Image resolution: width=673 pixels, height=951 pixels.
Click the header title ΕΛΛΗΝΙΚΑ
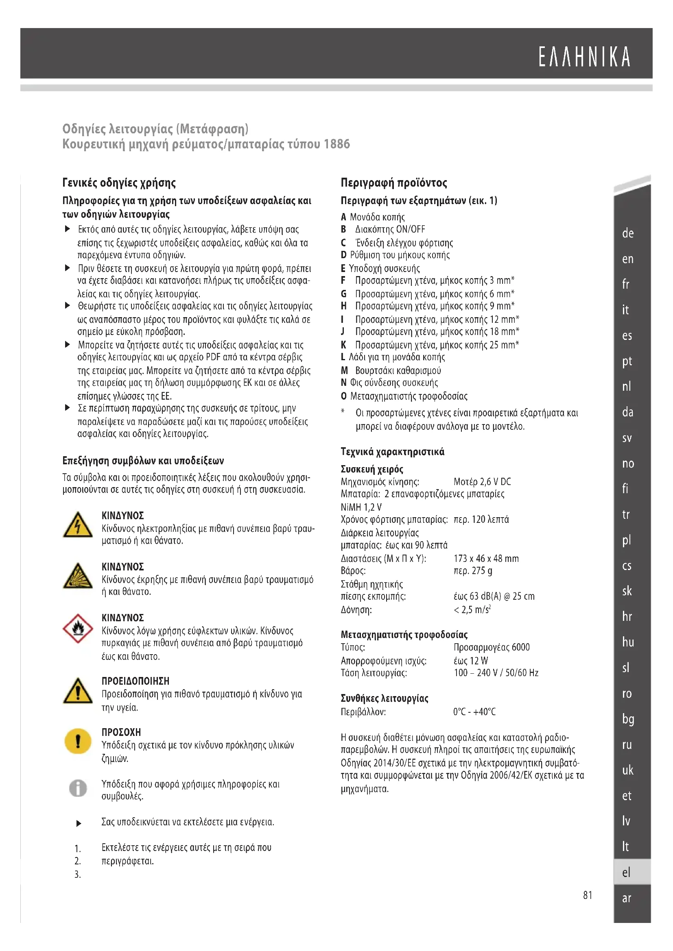click(x=584, y=57)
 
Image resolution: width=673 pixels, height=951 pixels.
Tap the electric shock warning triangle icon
click(x=78, y=525)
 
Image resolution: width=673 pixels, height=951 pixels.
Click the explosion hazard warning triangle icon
click(x=78, y=576)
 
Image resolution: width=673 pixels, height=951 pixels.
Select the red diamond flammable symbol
click(x=78, y=629)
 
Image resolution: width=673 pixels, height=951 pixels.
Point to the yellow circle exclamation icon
click(x=78, y=742)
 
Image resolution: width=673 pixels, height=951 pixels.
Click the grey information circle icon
click(x=78, y=788)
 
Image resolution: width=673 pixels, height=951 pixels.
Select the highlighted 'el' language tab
click(x=627, y=872)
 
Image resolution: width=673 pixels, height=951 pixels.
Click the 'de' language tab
click(x=628, y=233)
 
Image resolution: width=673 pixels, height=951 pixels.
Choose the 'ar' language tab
click(x=627, y=898)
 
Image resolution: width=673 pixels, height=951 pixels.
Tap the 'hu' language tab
click(x=628, y=642)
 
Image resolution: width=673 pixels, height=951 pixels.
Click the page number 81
click(x=588, y=895)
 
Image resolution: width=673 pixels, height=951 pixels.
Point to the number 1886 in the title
click(x=336, y=144)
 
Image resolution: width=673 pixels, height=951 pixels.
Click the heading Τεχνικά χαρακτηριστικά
click(x=392, y=451)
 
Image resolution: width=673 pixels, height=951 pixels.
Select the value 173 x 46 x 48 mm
click(x=486, y=558)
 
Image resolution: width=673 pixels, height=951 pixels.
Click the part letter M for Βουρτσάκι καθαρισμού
click(x=344, y=370)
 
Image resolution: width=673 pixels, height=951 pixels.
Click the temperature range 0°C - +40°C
click(x=474, y=712)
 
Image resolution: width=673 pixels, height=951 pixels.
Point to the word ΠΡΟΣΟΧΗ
click(x=121, y=732)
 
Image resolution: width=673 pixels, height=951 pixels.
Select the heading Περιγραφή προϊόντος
click(x=394, y=183)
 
